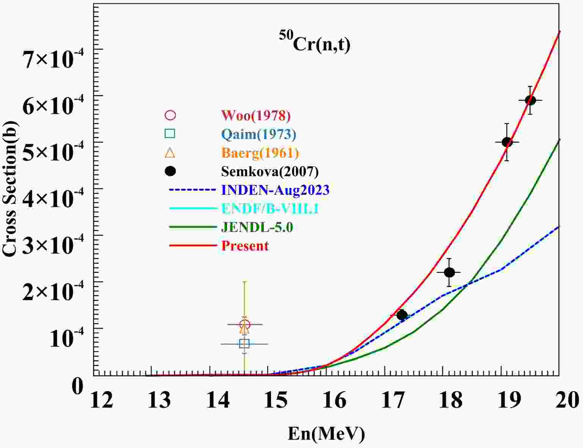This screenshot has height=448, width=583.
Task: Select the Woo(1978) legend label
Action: click(256, 115)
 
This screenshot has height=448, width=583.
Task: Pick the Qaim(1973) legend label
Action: click(259, 134)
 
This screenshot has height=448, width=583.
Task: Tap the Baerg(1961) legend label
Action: click(260, 153)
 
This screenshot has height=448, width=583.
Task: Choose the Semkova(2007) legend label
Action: click(270, 171)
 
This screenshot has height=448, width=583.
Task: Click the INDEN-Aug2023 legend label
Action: click(275, 190)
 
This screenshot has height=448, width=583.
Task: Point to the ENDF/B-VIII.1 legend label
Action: click(270, 208)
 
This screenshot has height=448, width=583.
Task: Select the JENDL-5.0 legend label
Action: click(257, 227)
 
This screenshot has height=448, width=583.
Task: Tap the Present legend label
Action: click(245, 246)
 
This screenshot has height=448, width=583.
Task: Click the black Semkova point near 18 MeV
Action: click(449, 272)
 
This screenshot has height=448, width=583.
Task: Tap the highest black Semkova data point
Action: click(530, 100)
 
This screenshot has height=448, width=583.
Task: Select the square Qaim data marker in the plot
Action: click(244, 344)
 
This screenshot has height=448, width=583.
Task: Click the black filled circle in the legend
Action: click(171, 171)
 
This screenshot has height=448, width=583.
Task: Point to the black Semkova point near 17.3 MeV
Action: click(402, 315)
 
